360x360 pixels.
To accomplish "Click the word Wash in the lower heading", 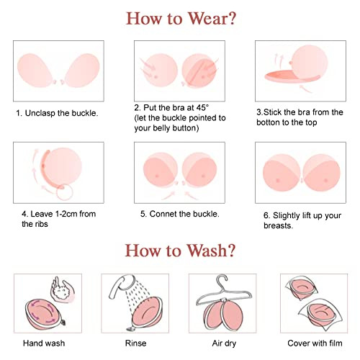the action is point(206,251).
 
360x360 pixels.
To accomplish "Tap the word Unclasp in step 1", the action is point(40,113).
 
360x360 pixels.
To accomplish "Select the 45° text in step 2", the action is point(202,107).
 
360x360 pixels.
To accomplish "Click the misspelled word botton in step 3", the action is point(268,122).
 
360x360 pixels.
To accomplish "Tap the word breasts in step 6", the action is point(278,225).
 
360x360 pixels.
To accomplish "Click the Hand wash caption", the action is point(44,343).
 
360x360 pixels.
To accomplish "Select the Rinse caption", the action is point(135,343).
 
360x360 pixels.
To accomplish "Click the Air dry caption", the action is point(224,343).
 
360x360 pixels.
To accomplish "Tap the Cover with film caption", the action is point(315,343).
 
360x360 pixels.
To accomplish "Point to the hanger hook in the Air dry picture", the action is point(222,280).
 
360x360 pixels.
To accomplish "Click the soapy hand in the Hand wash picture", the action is point(63,289).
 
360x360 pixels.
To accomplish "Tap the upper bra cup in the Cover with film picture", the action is point(302,287).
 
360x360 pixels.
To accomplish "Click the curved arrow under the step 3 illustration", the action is point(306,89).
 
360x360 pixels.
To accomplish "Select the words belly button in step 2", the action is point(176,128).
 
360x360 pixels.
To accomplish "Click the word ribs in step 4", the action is point(42,224).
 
